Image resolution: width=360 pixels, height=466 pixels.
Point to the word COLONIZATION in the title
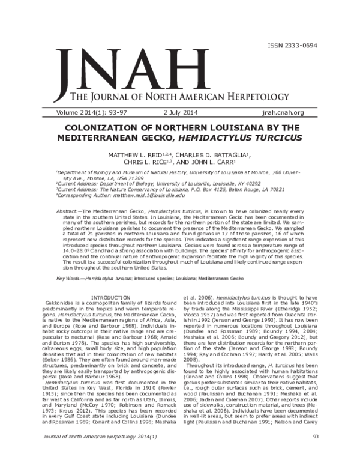(x=112, y=127)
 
